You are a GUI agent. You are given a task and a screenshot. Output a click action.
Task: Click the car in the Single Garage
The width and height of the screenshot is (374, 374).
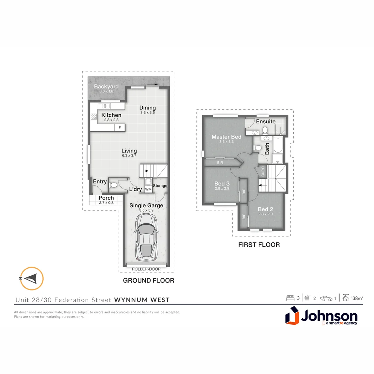pos(145,237)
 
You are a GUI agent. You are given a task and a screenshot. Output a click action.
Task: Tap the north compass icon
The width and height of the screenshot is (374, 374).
pos(32,278)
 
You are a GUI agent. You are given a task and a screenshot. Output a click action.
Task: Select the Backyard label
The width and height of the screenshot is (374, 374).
pos(106,87)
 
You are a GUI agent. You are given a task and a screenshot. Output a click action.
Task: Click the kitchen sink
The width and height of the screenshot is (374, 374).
pos(104,106)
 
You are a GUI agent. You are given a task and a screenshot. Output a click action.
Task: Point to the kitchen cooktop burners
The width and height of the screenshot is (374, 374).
pos(93,117)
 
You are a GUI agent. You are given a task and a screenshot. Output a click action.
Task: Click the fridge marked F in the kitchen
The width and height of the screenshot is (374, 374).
pos(120,127)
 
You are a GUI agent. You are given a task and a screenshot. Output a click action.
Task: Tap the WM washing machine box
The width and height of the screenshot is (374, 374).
pos(148,189)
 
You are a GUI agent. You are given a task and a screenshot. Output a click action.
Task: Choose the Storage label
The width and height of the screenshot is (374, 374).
pos(160,186)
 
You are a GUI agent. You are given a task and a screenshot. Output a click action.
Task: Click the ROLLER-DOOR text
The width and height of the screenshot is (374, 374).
pos(145,269)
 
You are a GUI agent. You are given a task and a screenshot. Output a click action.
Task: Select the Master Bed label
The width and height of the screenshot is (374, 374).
pos(226,137)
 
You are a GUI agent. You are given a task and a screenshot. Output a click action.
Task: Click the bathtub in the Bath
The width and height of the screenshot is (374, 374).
pos(278,145)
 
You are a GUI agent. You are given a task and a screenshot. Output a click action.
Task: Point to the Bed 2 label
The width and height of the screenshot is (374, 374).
pos(266,209)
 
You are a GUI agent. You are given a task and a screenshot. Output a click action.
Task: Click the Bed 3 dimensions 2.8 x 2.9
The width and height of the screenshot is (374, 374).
pos(222,188)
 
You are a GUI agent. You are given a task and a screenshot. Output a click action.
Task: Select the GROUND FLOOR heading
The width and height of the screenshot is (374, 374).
pos(149,280)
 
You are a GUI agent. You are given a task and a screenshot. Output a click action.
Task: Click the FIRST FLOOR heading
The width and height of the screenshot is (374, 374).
pos(259,245)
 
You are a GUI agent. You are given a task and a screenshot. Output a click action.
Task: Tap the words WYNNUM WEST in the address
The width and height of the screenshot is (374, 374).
pos(142,300)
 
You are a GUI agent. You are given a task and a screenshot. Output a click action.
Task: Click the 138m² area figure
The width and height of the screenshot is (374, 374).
pos(357,298)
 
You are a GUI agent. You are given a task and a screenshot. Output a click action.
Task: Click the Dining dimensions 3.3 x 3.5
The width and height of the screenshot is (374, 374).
pos(148,113)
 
